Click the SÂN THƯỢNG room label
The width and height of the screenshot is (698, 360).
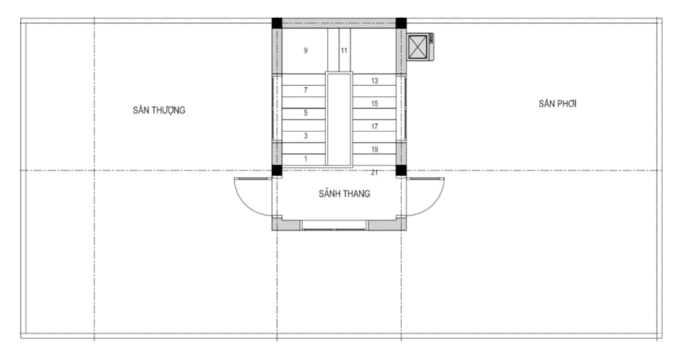(159, 110)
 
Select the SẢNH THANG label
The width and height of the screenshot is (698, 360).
(344, 194)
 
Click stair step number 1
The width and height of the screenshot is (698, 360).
(306, 159)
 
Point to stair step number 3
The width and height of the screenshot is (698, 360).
(306, 136)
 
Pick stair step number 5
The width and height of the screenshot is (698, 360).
(306, 112)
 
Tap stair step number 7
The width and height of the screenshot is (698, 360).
(306, 90)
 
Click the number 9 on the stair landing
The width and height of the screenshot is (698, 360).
(306, 50)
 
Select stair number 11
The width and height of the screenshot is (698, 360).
(344, 50)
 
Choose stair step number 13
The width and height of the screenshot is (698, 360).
(374, 80)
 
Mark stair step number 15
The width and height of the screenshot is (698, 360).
(374, 104)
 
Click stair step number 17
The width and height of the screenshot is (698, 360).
(374, 127)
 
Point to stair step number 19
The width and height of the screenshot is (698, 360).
(374, 149)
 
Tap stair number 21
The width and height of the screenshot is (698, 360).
(374, 172)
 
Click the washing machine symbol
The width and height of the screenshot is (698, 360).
(421, 47)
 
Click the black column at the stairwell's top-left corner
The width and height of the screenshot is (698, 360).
(277, 23)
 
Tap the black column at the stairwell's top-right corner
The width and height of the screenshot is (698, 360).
(401, 23)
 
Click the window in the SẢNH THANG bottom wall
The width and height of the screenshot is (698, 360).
(335, 225)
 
